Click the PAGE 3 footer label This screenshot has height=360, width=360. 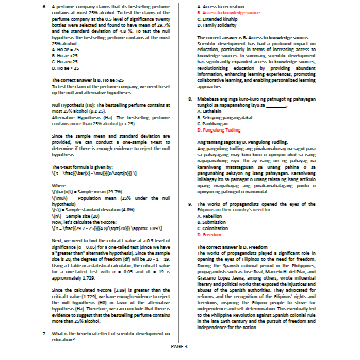[179, 346]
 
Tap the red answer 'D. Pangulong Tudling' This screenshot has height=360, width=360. [219, 130]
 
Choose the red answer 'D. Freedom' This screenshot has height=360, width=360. [209, 234]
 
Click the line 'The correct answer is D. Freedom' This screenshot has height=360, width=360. [232, 247]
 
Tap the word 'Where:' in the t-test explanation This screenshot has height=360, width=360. [60, 185]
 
